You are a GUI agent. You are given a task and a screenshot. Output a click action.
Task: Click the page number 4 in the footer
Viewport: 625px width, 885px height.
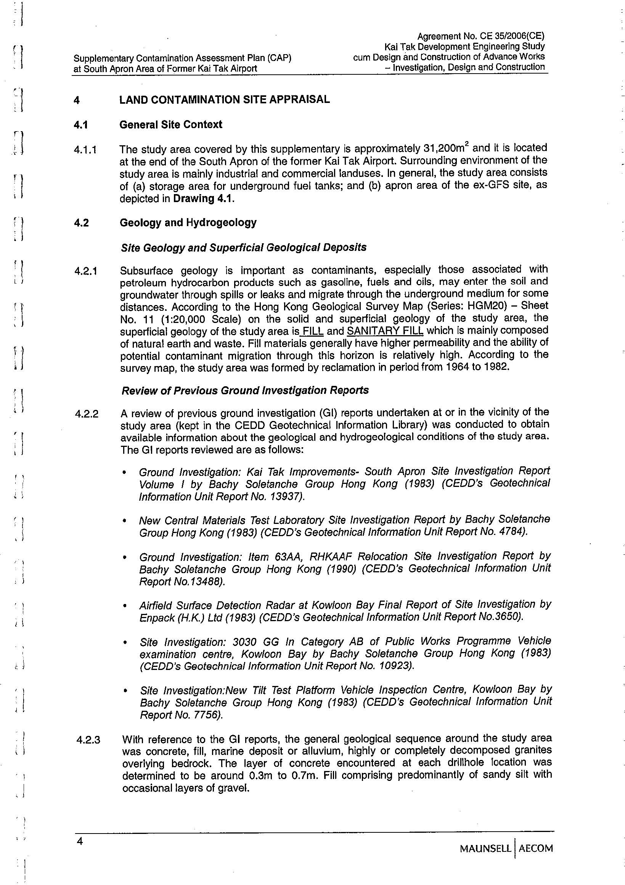(80, 840)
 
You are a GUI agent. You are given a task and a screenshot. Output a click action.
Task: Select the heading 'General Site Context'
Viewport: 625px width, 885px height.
(170, 125)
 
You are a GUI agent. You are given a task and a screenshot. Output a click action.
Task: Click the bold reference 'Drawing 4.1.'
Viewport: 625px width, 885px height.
(204, 199)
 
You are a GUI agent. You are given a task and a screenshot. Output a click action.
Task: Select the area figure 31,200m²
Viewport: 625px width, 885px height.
(447, 148)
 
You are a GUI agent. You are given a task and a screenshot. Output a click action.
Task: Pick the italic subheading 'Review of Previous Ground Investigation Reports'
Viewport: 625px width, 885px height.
(245, 390)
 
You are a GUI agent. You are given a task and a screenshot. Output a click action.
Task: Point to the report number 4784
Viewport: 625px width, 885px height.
(511, 532)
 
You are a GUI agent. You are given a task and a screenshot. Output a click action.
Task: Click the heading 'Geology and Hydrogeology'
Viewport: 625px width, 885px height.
(188, 222)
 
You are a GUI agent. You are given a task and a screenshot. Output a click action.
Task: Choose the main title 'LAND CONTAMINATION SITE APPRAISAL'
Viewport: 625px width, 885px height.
(224, 100)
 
